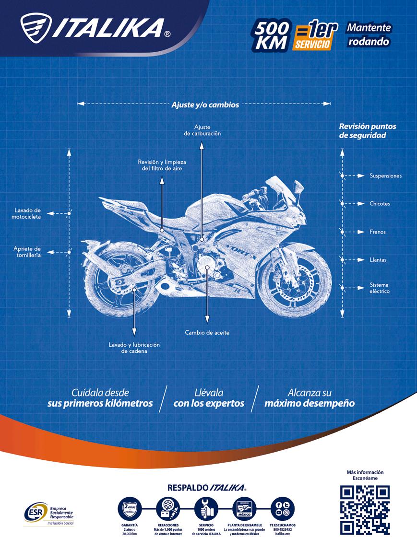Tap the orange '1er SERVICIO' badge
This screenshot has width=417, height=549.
click(x=315, y=36)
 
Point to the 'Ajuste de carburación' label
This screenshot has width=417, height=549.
click(x=202, y=130)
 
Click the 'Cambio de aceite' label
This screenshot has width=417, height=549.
click(x=207, y=332)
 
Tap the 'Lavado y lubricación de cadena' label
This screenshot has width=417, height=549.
click(x=134, y=348)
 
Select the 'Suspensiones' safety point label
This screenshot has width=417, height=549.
click(x=385, y=176)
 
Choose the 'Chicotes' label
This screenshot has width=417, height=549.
click(x=380, y=204)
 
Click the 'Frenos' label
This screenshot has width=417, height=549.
click(x=377, y=232)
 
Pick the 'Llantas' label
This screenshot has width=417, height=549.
click(x=378, y=260)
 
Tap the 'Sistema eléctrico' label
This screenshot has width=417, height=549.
click(x=379, y=288)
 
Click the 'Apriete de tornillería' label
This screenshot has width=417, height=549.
click(x=27, y=252)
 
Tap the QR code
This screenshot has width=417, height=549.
click(x=365, y=510)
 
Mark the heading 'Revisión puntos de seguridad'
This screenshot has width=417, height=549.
click(x=368, y=131)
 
